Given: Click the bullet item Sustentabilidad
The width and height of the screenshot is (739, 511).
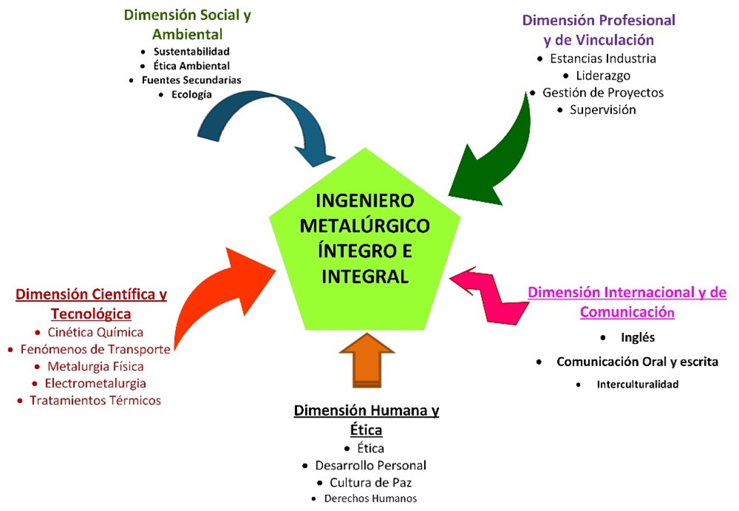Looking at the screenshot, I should (x=192, y=52).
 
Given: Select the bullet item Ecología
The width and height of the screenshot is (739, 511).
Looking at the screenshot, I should (x=192, y=94).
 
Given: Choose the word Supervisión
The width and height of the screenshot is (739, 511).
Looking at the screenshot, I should (x=603, y=110).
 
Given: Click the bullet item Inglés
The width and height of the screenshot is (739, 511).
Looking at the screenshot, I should (x=637, y=337).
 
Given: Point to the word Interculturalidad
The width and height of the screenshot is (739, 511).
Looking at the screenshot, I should (x=637, y=385).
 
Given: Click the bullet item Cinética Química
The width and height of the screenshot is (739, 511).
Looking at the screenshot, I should (x=95, y=332).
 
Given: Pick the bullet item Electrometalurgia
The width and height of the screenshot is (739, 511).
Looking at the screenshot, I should (x=95, y=383).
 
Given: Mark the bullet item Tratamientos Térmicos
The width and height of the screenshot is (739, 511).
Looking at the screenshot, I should (x=95, y=400).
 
